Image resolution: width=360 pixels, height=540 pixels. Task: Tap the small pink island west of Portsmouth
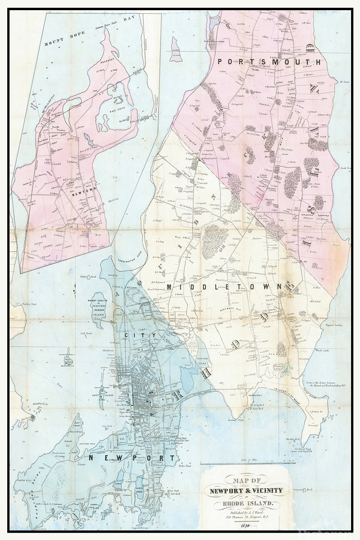(176, 50)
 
